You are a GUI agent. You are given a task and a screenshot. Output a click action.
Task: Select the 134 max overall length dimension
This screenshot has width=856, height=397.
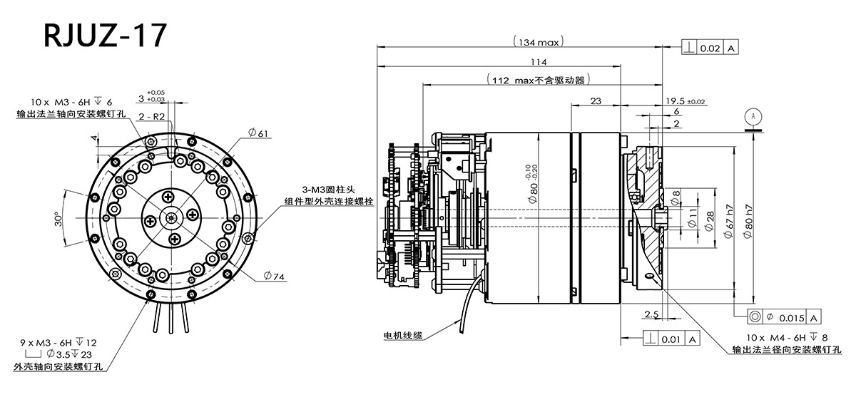click(x=538, y=42)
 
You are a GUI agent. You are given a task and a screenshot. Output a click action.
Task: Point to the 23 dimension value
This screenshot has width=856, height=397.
click(x=597, y=101)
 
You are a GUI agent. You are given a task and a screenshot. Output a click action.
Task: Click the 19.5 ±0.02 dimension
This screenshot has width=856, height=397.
click(x=685, y=101)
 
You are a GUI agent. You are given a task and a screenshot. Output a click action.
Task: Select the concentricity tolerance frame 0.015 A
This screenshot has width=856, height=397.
click(x=783, y=316)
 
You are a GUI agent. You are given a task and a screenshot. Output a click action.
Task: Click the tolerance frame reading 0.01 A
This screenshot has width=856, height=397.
click(x=670, y=339)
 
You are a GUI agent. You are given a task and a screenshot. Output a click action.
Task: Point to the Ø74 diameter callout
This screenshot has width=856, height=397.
click(x=274, y=275)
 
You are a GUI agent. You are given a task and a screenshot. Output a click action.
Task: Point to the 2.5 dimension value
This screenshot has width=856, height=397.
click(x=650, y=314)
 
